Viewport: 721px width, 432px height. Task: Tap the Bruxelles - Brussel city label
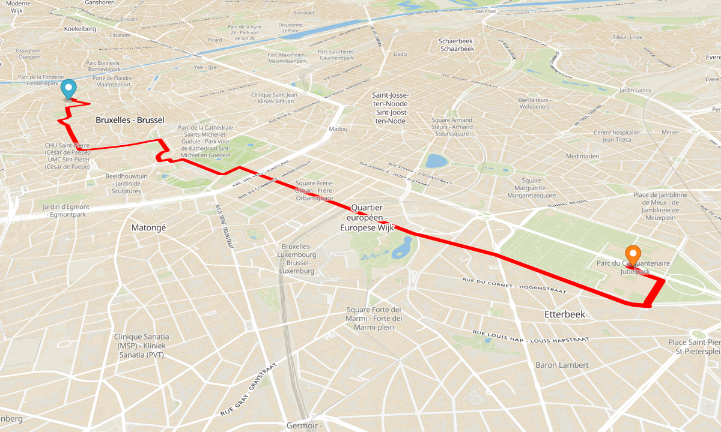[130, 120]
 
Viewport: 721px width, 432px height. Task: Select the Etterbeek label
[564, 314]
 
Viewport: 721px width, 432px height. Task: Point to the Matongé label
[148, 227]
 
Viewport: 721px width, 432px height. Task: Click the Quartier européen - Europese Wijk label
[367, 217]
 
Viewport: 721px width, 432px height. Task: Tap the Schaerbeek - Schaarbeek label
[457, 45]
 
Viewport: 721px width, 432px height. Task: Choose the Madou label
[338, 129]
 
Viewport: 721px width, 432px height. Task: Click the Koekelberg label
[80, 28]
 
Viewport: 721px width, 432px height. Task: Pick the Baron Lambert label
[562, 365]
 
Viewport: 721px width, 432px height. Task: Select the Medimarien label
[582, 157]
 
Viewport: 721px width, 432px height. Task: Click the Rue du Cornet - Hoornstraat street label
[514, 285]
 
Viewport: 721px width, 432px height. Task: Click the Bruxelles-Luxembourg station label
[297, 259]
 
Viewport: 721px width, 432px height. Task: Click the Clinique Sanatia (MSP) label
[141, 346]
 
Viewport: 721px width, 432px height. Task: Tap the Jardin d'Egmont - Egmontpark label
[66, 211]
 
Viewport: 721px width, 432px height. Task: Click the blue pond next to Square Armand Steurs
[437, 161]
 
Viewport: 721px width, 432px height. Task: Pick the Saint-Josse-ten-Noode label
[390, 108]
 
